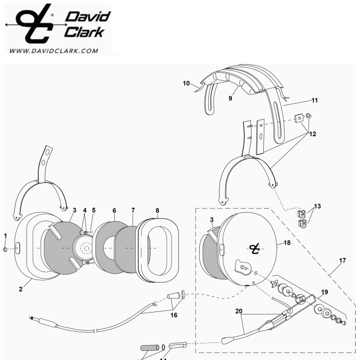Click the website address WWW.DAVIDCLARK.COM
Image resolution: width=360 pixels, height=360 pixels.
(x=54, y=51)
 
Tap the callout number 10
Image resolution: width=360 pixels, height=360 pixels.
(x=186, y=83)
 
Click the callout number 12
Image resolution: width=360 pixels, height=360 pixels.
(x=312, y=134)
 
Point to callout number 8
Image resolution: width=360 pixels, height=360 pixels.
(x=157, y=211)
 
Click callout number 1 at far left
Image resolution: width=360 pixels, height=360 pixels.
(x=6, y=236)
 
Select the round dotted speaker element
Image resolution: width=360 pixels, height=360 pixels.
(x=84, y=247)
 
